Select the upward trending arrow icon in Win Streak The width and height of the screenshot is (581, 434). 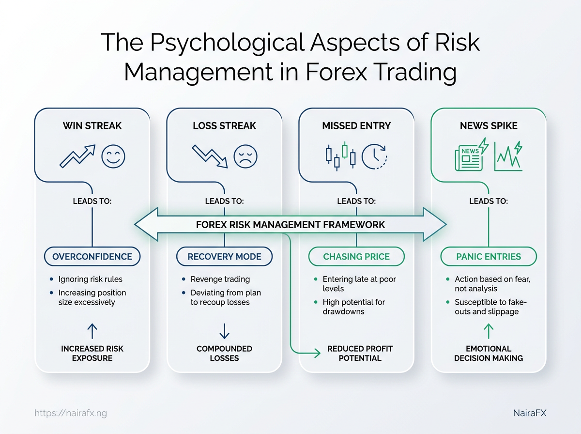tap(77, 156)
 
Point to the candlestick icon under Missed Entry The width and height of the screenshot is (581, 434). tap(341, 156)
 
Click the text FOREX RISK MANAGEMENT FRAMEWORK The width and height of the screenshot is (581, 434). tap(290, 225)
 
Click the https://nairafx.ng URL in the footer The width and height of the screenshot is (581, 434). tap(71, 413)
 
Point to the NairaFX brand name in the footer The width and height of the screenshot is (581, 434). tap(530, 413)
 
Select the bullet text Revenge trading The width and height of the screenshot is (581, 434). tap(220, 279)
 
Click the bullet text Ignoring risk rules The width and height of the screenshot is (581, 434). tap(91, 279)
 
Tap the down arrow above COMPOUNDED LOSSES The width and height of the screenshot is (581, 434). tap(225, 331)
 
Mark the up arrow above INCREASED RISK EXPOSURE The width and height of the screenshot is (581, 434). tap(92, 331)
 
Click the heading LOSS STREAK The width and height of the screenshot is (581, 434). tap(225, 125)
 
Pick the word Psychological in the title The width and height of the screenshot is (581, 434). tap(227, 42)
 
